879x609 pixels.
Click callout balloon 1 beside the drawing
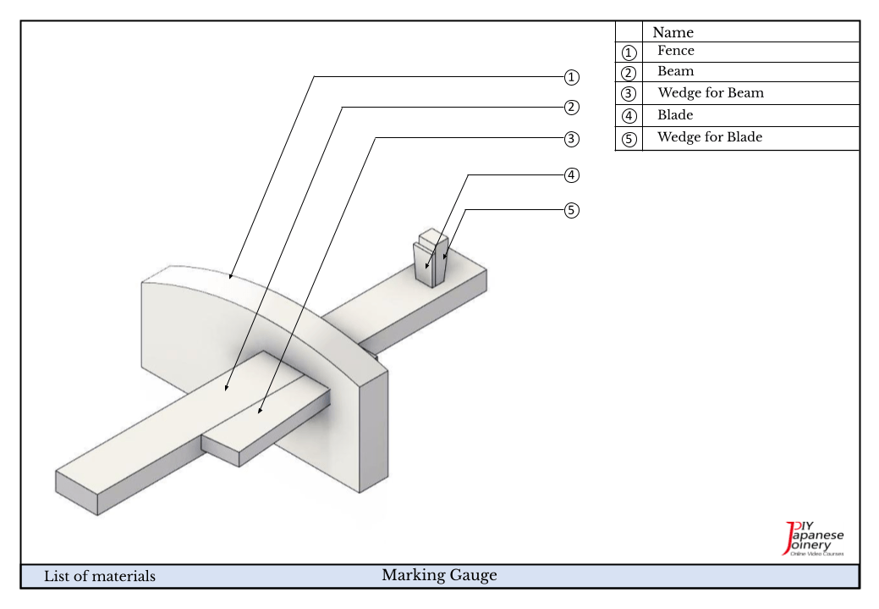[x=572, y=77]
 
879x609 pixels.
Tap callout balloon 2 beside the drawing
[x=572, y=108]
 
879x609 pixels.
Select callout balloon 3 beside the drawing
[x=572, y=138]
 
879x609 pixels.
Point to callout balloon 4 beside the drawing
[x=572, y=175]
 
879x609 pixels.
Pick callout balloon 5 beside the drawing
[x=572, y=210]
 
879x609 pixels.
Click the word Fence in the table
[x=675, y=51]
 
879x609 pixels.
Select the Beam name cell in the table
[x=675, y=72]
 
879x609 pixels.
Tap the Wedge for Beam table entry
[x=710, y=93]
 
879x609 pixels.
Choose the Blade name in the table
[x=675, y=115]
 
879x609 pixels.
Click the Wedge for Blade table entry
[x=709, y=137]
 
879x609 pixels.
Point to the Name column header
[x=673, y=32]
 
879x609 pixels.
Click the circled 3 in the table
[x=629, y=94]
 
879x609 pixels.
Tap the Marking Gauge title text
[x=439, y=576]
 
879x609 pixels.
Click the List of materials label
[x=100, y=577]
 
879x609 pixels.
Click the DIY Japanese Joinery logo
[x=814, y=539]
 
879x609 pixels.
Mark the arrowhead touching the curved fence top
[x=230, y=276]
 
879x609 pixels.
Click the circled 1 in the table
[x=629, y=53]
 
